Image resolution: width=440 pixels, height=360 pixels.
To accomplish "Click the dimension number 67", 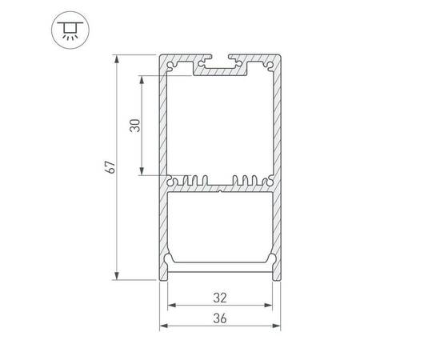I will click(x=111, y=167).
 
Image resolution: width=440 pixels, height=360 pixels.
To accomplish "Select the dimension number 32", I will click(x=221, y=297).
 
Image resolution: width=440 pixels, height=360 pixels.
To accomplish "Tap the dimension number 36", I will click(x=221, y=318).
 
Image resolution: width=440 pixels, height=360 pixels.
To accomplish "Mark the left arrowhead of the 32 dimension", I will click(x=170, y=305).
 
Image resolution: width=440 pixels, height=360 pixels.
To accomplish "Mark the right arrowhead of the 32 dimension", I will click(x=272, y=305).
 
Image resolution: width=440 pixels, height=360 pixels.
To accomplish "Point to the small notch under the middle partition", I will click(x=221, y=192).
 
